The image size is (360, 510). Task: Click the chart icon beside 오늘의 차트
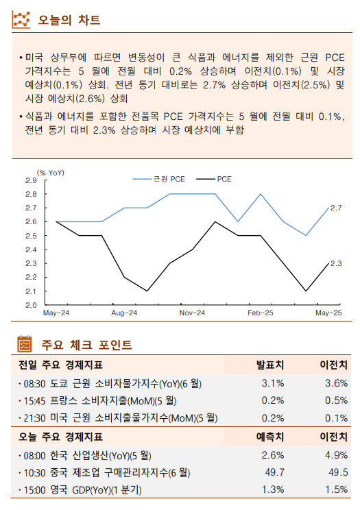click(x=23, y=20)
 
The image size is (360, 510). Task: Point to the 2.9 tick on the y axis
click(x=32, y=180)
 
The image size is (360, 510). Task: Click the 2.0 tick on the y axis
click(x=32, y=305)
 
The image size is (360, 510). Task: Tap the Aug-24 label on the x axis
click(x=124, y=313)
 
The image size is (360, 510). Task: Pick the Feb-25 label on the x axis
click(x=261, y=313)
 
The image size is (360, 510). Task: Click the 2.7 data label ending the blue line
click(x=336, y=208)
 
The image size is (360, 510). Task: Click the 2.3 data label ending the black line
click(x=336, y=263)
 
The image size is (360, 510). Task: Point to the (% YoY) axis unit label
click(x=50, y=172)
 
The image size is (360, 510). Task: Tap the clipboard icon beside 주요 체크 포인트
click(x=23, y=343)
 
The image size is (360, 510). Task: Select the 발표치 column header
click(x=270, y=365)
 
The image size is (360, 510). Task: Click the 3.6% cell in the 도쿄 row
click(x=336, y=382)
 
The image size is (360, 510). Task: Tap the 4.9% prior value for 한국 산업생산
click(x=336, y=454)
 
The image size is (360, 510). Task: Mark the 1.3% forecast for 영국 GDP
click(x=273, y=490)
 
